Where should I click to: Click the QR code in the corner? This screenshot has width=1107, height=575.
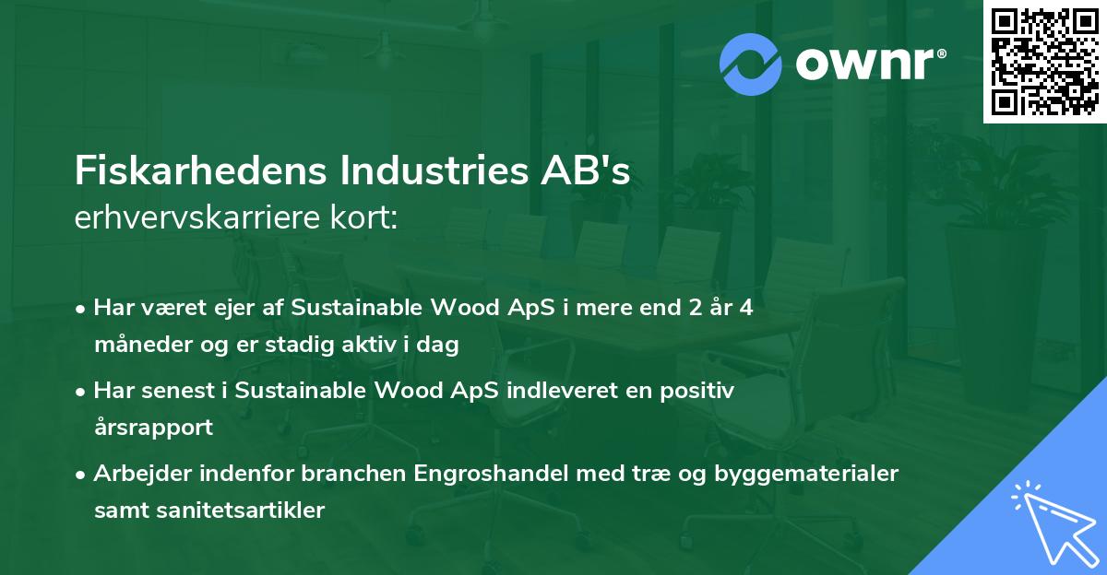pos(1044,61)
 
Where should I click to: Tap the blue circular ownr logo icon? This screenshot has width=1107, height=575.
pos(750,64)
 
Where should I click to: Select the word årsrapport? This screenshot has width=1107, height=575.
pos(153,428)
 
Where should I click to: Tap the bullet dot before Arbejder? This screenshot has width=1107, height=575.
pos(82,474)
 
